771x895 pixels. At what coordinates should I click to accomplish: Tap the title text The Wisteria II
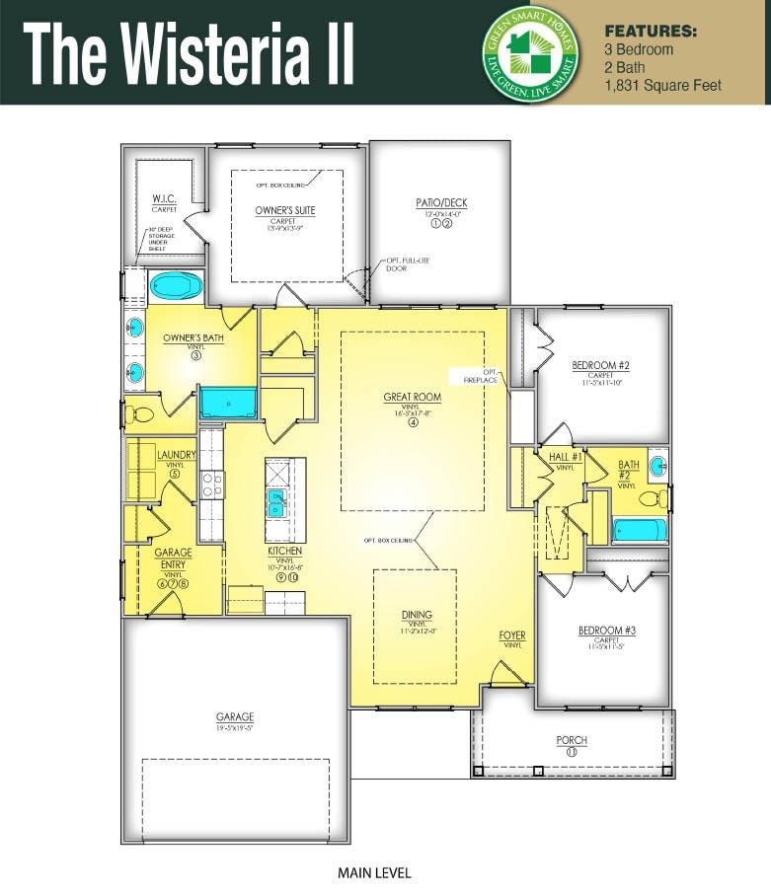pos(189,54)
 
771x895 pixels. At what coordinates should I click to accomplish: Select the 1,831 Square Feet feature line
pos(662,86)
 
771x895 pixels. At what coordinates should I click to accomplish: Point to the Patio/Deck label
pos(440,204)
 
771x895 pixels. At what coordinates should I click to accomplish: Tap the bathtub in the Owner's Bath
pos(177,287)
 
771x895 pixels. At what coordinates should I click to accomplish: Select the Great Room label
pos(413,398)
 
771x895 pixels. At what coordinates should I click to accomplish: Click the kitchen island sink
pos(277,502)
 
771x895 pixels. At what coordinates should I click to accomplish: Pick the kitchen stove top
pos(211,484)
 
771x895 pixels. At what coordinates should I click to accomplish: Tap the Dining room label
pos(416,615)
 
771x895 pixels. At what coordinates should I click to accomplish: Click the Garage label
pos(235,717)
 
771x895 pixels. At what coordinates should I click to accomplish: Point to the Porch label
pos(572,740)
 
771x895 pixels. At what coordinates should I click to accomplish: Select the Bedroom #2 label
pos(600,366)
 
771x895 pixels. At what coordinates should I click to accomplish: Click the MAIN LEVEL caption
pos(373,872)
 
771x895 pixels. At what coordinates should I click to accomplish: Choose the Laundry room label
pos(176,455)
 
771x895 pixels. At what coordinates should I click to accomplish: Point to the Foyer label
pos(512,635)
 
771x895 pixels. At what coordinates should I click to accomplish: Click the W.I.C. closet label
pos(164,198)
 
